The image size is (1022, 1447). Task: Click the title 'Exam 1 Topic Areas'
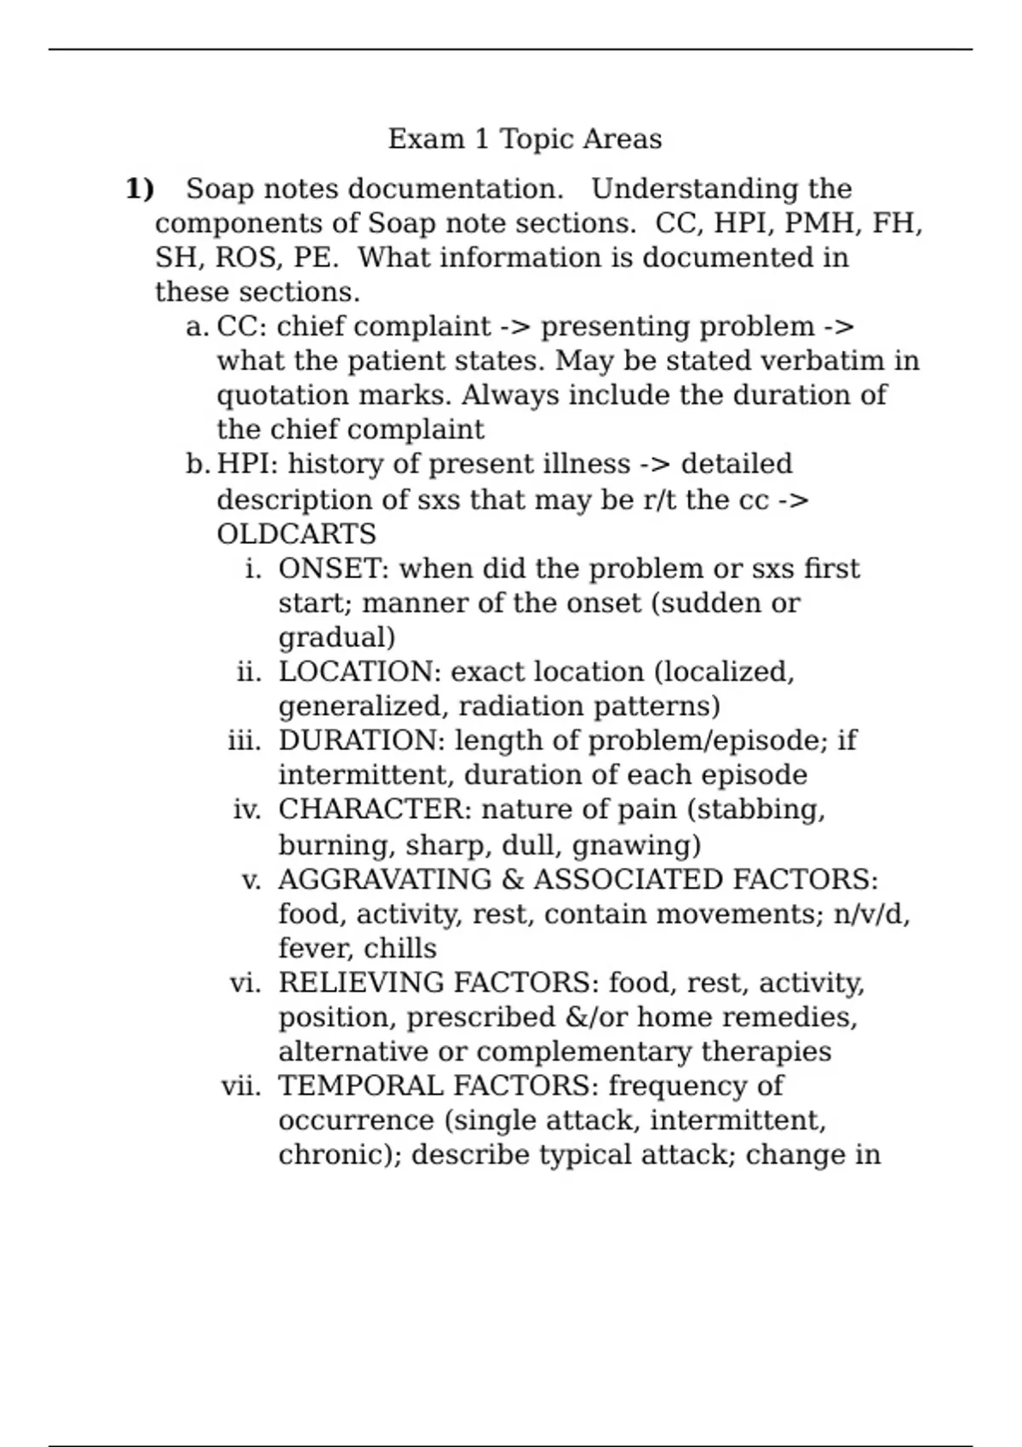[x=525, y=139]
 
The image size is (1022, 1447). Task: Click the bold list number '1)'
[x=140, y=189]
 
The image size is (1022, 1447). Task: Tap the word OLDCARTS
[x=296, y=535]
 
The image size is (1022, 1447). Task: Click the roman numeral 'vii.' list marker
[x=241, y=1087]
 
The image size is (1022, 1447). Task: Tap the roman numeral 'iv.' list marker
[x=247, y=809]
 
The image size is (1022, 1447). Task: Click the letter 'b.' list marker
[x=197, y=465]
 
